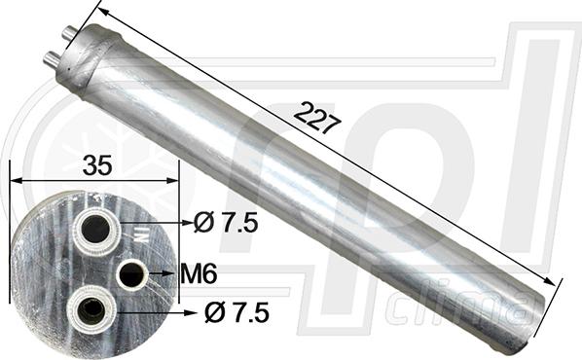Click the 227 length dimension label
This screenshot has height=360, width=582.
coord(316,118)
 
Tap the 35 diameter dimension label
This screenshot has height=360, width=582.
coord(97,165)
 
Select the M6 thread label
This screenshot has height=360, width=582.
coord(199,274)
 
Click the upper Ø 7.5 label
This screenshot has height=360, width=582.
coord(226,224)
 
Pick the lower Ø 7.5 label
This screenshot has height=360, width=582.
coord(236,313)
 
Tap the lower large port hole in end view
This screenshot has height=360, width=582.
coord(89,308)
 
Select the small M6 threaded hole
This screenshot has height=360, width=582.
coord(131,274)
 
